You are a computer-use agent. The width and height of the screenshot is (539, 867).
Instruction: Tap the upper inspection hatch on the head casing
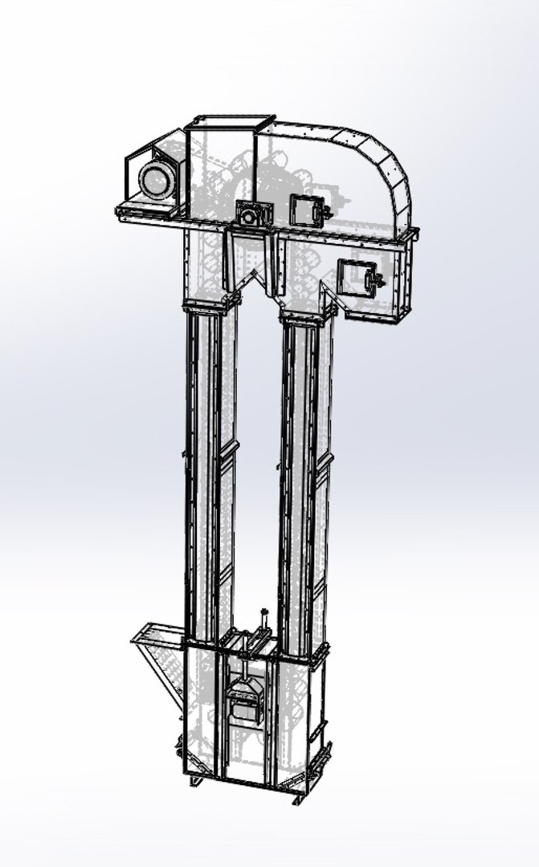304,210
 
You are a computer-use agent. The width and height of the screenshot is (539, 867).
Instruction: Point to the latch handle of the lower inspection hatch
374,279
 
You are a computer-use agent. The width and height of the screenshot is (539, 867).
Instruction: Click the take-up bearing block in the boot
246,703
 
